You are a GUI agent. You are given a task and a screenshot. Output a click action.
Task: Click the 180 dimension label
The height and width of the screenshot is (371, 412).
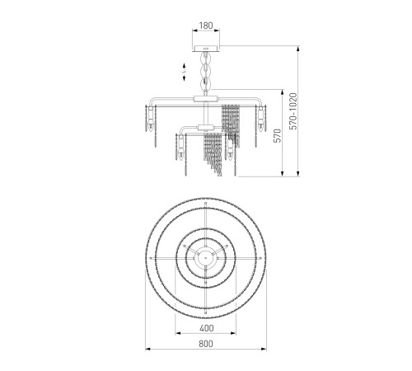click(x=206, y=26)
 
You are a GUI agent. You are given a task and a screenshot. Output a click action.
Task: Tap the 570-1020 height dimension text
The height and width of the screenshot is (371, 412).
click(x=293, y=111)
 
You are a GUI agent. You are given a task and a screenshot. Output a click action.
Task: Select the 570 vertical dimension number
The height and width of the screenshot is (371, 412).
click(x=279, y=135)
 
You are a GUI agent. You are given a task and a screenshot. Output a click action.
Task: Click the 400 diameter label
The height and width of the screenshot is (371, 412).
click(x=207, y=328)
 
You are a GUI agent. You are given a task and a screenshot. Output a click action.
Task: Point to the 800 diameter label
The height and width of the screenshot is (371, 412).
click(x=206, y=344)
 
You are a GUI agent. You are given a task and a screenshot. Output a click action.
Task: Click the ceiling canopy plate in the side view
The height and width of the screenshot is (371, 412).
click(x=206, y=49)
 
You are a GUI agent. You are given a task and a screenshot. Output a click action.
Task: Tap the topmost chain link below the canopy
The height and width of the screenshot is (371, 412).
click(x=206, y=58)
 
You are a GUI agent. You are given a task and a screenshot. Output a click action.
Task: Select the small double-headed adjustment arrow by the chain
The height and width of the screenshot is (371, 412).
click(x=184, y=72)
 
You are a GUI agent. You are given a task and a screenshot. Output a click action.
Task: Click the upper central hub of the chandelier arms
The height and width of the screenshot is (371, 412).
click(x=206, y=99)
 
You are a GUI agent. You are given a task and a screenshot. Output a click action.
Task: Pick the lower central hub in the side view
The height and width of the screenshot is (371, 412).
click(x=206, y=128)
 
